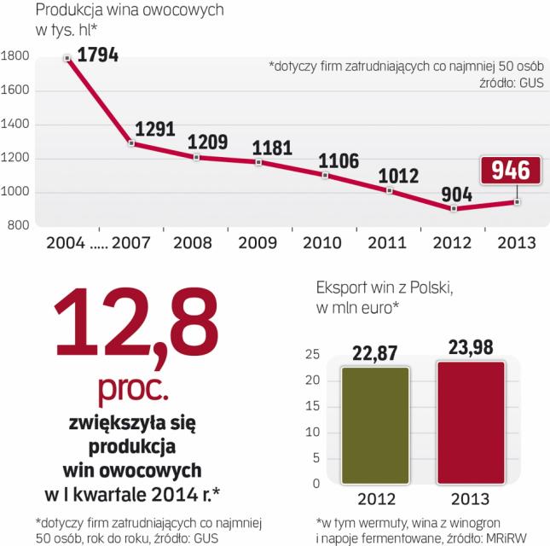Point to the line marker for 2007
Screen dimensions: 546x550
(x=131, y=143)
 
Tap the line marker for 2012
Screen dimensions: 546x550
(x=454, y=208)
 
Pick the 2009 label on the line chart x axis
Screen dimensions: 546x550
(x=258, y=242)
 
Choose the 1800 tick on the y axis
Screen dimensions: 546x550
(x=17, y=57)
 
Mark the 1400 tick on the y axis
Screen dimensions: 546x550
(x=17, y=125)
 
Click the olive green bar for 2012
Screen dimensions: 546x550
(x=375, y=424)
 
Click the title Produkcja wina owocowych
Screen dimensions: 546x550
(x=116, y=12)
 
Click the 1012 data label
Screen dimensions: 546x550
(x=399, y=177)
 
